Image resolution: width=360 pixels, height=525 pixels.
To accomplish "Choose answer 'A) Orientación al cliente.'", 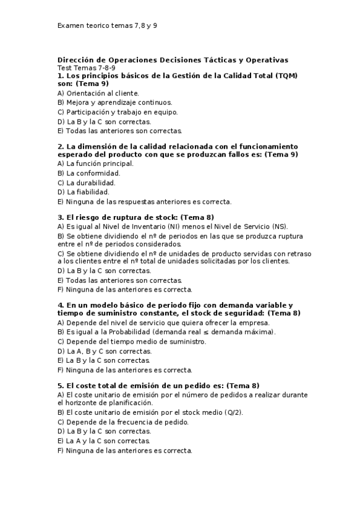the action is (98, 93).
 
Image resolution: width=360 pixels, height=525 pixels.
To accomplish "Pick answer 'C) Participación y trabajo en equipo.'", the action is (117, 112).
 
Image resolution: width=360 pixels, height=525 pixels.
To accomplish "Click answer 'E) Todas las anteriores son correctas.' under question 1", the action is (119, 131).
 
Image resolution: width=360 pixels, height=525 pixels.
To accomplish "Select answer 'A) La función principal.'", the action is (95, 163).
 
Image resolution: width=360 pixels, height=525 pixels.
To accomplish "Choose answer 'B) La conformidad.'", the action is (88, 173).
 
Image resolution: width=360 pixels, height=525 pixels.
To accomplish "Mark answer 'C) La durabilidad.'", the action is (87, 183).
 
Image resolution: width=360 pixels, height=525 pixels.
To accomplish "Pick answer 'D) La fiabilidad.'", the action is (83, 192).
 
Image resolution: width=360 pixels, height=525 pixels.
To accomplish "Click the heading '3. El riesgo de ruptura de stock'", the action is (116, 217).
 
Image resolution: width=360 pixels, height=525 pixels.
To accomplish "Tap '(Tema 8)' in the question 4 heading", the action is (285, 313).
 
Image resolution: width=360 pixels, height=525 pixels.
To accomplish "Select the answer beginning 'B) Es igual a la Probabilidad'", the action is (166, 332).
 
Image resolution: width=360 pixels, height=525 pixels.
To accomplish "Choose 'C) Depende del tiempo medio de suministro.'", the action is (132, 341).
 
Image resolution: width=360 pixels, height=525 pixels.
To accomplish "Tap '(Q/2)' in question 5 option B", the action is (232, 412).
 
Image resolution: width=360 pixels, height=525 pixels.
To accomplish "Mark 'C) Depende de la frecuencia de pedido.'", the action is (123, 422).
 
